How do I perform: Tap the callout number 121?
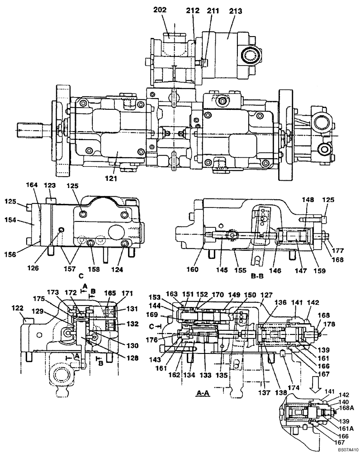pyautogui.click(x=111, y=179)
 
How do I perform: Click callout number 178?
pyautogui.click(x=332, y=324)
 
